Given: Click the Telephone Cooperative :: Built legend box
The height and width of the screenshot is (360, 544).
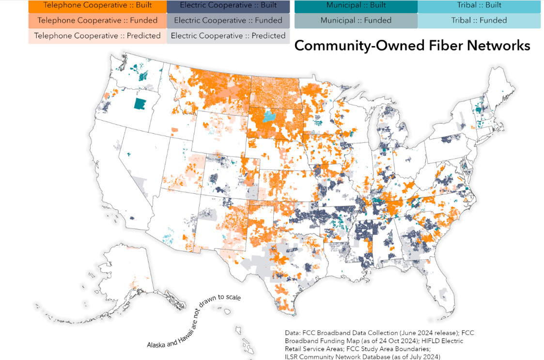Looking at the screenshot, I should (x=97, y=6).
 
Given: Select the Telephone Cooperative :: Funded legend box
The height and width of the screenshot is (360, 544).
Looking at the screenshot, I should (x=97, y=21).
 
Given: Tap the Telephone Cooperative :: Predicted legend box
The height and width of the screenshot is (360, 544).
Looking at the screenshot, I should (x=97, y=36).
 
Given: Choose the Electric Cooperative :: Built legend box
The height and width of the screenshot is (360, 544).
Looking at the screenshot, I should (x=228, y=6).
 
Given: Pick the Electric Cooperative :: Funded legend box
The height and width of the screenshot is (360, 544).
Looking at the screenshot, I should (x=228, y=21).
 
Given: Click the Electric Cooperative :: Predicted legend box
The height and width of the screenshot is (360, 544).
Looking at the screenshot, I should (x=228, y=36).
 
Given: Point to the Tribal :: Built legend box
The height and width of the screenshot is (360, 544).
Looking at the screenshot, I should (x=479, y=6).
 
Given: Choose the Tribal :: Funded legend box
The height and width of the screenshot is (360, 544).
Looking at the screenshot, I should (x=479, y=21).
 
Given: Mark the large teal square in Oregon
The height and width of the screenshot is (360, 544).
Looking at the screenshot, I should (x=140, y=104).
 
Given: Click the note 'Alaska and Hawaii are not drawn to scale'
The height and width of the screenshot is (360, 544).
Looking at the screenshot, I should (x=194, y=321).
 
